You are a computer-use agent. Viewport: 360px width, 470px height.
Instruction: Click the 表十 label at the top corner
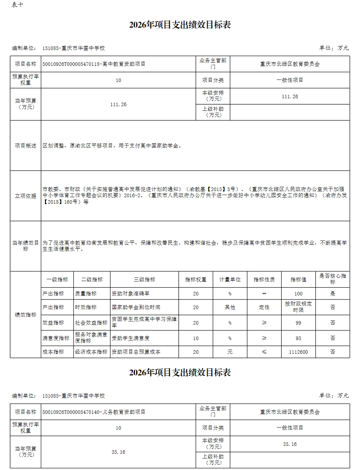pos(17,5)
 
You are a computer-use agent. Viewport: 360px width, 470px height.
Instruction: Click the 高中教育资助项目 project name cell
pos(94,64)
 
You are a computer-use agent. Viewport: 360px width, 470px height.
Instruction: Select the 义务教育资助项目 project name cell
pos(94,412)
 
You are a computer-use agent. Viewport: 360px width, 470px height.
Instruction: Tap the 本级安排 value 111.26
pos(290,96)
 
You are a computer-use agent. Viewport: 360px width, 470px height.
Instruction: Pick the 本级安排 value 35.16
pos(290,444)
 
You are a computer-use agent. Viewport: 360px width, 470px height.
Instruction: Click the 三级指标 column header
pos(144,280)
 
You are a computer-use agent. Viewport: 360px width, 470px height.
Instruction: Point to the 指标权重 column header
pos(195,280)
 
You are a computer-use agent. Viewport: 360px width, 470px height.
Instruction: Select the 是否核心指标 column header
pos(332,279)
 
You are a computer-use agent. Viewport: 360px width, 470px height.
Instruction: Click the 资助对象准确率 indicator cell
pos(131,294)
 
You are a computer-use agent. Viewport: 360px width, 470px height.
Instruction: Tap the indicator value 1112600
pos(298,352)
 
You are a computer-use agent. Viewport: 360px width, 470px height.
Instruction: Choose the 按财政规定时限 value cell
pos(298,307)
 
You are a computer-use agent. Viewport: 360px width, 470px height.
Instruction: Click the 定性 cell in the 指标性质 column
pos(264,307)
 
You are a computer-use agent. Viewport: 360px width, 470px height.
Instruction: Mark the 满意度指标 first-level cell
pos(56,338)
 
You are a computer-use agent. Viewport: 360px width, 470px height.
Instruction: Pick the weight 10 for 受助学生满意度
pos(195,338)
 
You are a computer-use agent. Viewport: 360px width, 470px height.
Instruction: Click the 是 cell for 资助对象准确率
pos(332,294)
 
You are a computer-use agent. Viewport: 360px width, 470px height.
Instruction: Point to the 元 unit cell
pos(230,352)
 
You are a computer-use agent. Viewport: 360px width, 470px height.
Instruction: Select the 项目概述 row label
pos(26,146)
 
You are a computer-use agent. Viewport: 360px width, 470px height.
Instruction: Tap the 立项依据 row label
pos(26,196)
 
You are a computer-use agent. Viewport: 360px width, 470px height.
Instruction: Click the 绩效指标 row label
pos(26,315)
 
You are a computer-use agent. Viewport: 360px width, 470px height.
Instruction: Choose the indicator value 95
pos(298,338)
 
